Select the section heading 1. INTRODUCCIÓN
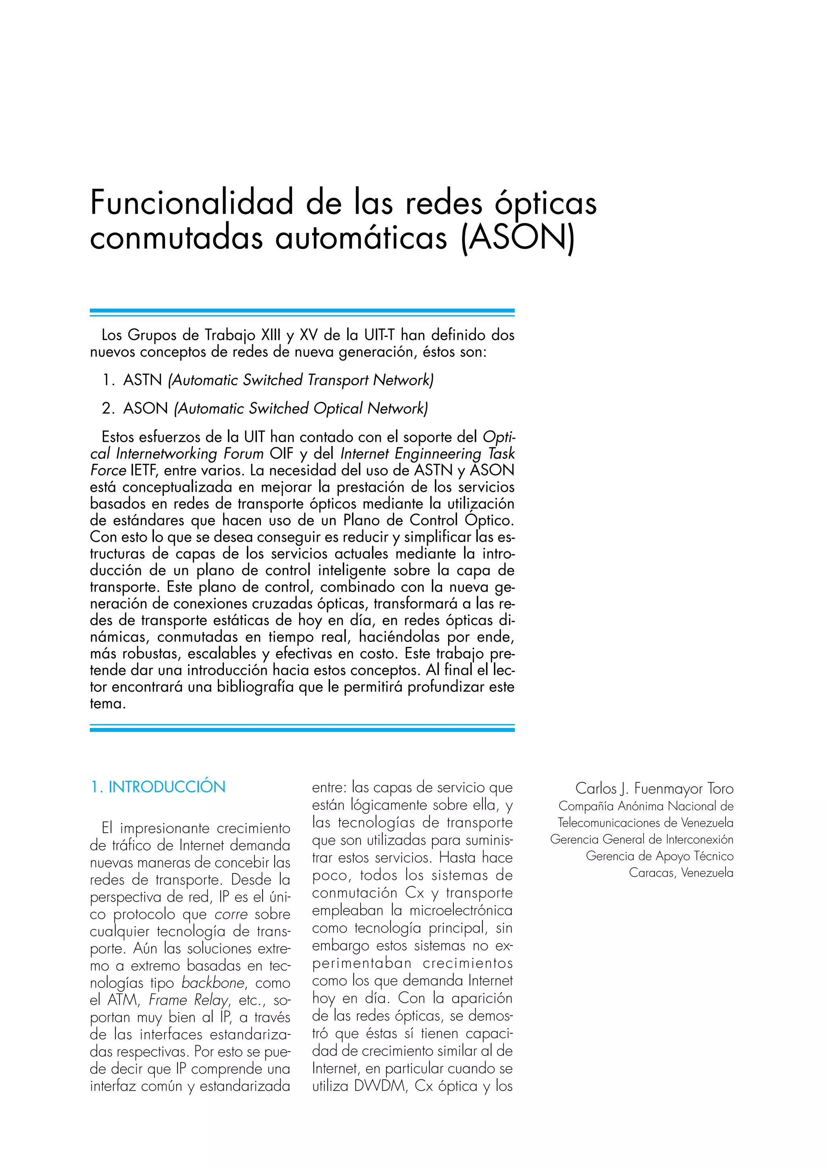point(158,787)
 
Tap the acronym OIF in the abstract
point(282,453)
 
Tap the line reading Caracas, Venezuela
point(681,873)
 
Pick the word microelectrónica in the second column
point(461,910)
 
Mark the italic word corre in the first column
point(231,914)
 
